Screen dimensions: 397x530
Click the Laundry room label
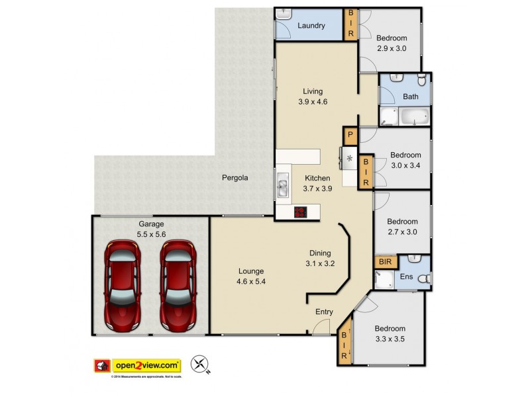tap(311, 26)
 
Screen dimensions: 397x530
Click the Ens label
tap(405, 277)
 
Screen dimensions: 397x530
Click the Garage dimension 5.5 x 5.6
tap(132, 234)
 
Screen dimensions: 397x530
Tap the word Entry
tap(323, 312)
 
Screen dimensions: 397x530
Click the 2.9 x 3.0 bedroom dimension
tap(391, 48)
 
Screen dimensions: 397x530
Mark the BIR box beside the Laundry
tap(350, 24)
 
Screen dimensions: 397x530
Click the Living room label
tap(313, 91)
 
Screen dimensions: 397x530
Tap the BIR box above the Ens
tap(385, 262)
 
